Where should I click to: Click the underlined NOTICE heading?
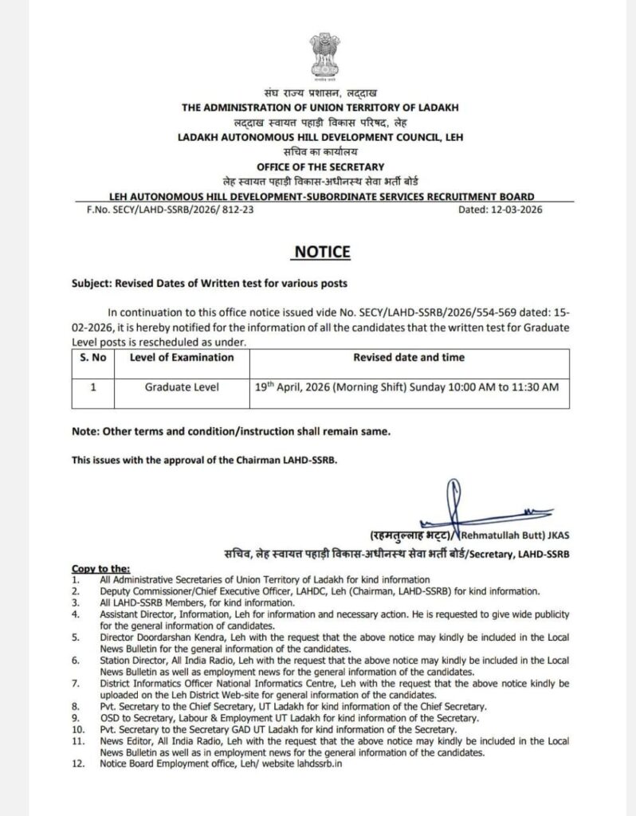(322, 252)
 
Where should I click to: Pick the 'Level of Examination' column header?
(182, 357)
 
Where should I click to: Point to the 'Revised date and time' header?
(409, 357)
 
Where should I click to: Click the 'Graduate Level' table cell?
(182, 386)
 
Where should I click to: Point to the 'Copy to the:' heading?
(100, 568)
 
